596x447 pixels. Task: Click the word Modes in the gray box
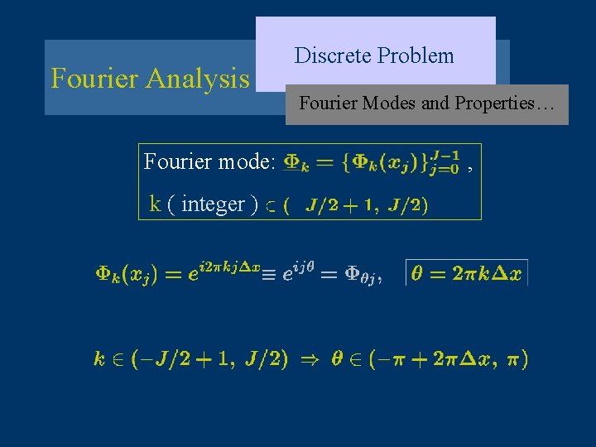coord(396,103)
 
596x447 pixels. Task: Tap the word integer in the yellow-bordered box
coord(213,204)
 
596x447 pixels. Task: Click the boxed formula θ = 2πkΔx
coord(466,274)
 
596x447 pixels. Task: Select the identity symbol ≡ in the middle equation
coord(272,274)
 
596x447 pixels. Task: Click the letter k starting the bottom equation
coord(99,359)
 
